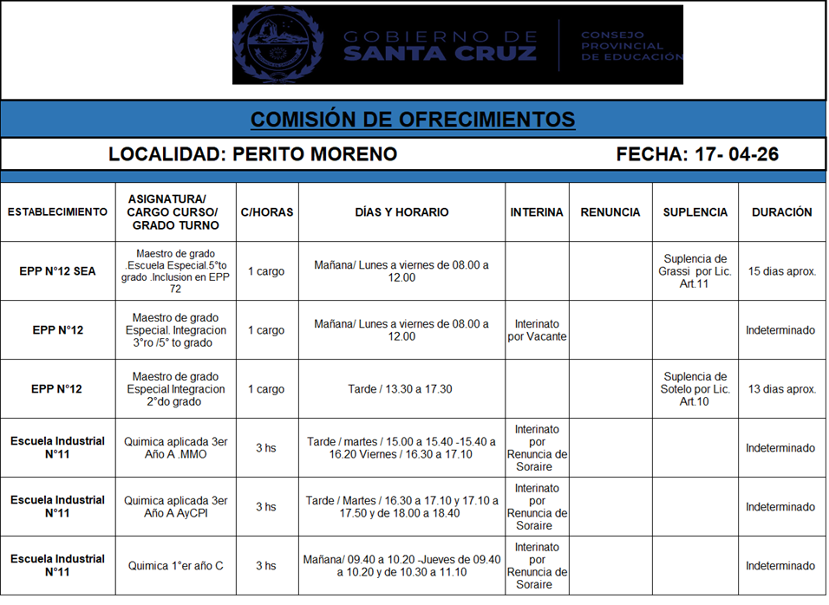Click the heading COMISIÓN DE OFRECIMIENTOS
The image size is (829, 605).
pyautogui.click(x=413, y=119)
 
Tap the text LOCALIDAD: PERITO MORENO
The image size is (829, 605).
pyautogui.click(x=252, y=154)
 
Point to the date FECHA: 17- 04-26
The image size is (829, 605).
pyautogui.click(x=697, y=154)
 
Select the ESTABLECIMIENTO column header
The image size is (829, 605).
pyautogui.click(x=57, y=212)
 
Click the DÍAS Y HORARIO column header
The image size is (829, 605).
pyautogui.click(x=401, y=212)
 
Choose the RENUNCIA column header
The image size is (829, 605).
pyautogui.click(x=610, y=212)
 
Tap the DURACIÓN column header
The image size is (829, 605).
pyautogui.click(x=781, y=212)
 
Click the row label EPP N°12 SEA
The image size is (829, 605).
pyautogui.click(x=57, y=271)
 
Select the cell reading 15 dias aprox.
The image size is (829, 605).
pyautogui.click(x=781, y=271)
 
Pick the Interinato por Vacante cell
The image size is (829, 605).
pyautogui.click(x=537, y=330)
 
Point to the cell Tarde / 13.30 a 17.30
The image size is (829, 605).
pyautogui.click(x=401, y=389)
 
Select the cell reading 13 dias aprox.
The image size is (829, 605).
pyautogui.click(x=781, y=389)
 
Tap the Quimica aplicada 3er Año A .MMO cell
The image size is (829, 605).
pyautogui.click(x=176, y=448)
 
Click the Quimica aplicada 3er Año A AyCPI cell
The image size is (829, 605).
pyautogui.click(x=176, y=507)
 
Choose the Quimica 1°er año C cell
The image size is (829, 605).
pyautogui.click(x=176, y=566)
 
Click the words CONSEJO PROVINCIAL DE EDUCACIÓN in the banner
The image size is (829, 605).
pyautogui.click(x=630, y=46)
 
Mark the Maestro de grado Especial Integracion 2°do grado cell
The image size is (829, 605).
pyautogui.click(x=176, y=389)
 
